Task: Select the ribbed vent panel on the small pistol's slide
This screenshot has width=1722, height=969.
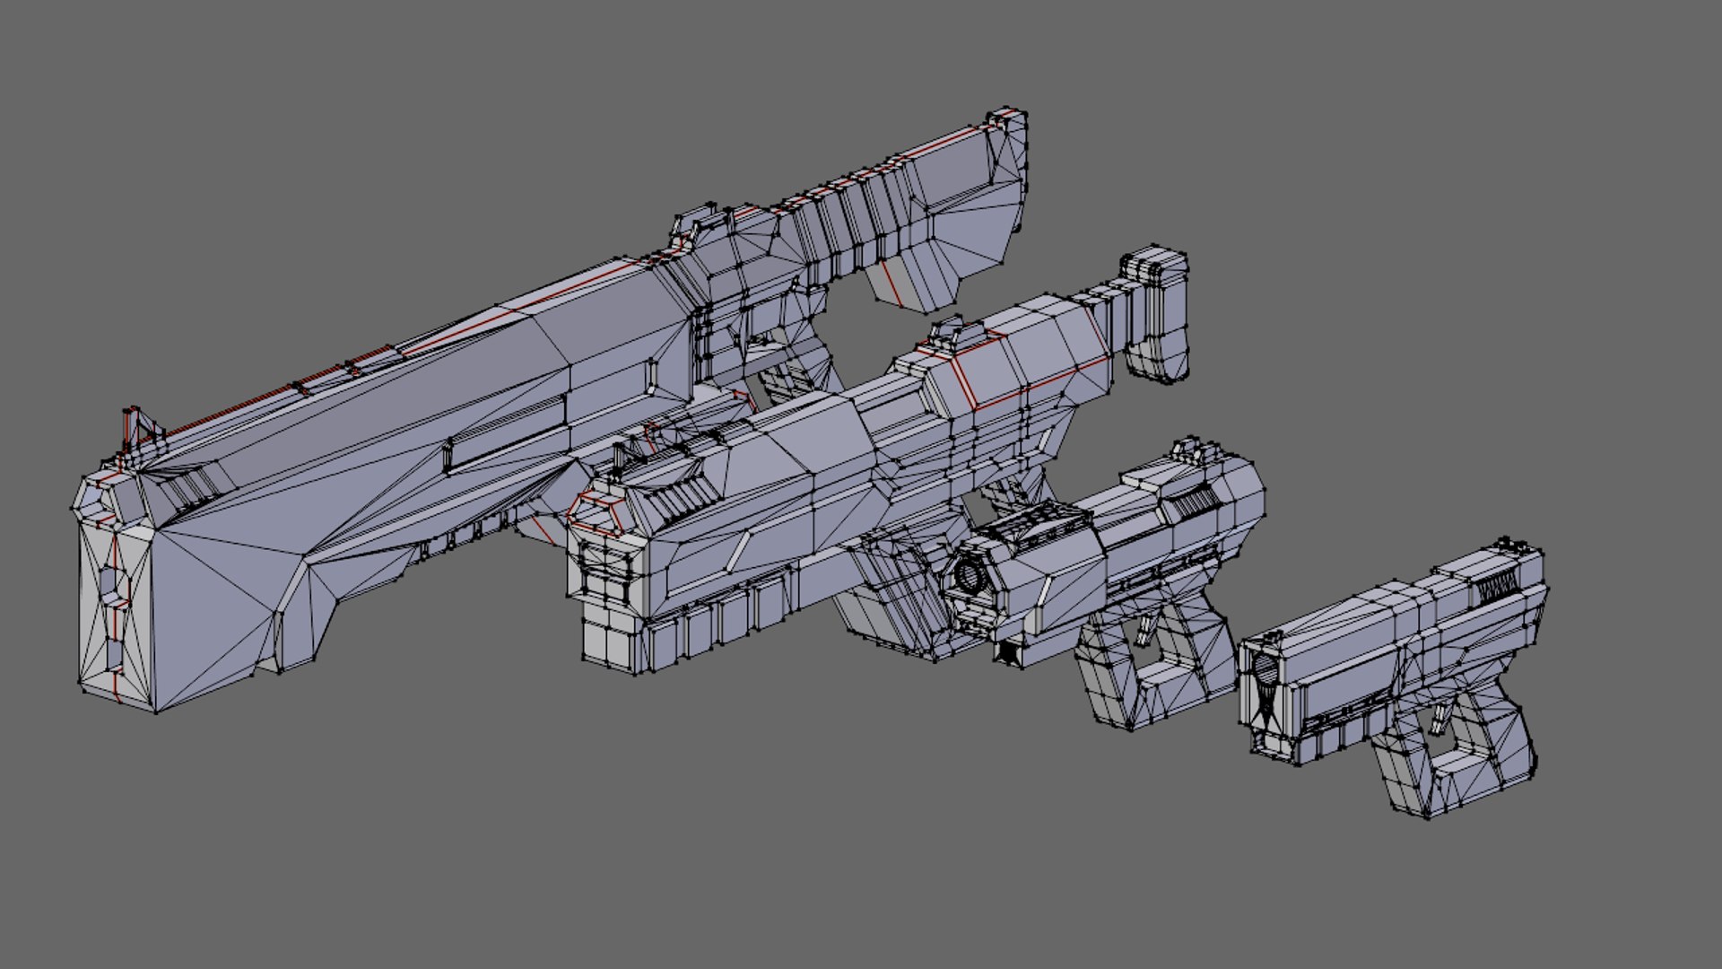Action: [x=1494, y=589]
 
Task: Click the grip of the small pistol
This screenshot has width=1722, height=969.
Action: [x=1489, y=763]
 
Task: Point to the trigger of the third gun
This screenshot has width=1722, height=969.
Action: [x=1145, y=631]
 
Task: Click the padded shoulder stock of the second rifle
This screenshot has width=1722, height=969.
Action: [x=1161, y=314]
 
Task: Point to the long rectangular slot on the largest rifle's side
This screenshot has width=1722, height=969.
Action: [x=507, y=435]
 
